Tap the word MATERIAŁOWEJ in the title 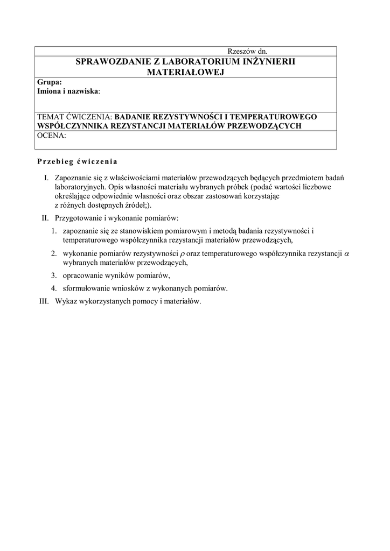pyautogui.click(x=185, y=72)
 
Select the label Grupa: pyautogui.click(x=49, y=82)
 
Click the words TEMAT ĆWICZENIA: pyautogui.click(x=75, y=117)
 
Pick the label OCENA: pyautogui.click(x=51, y=136)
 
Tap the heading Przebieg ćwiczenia pyautogui.click(x=77, y=161)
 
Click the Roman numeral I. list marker pyautogui.click(x=47, y=177)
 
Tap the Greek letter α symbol pyautogui.click(x=346, y=253)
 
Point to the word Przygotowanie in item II pyautogui.click(x=80, y=218)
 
